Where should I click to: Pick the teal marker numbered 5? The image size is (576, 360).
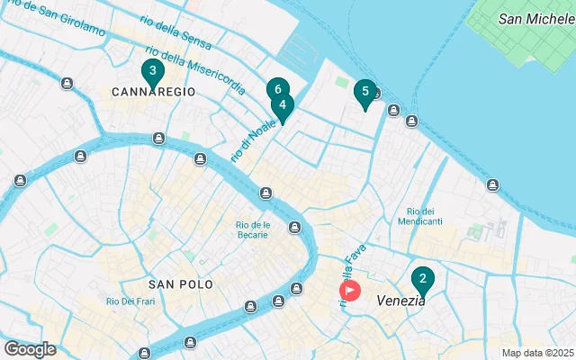[364, 92]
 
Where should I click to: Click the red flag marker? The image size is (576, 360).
[349, 290]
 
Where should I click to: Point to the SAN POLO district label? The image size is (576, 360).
[181, 283]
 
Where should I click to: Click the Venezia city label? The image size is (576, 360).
[401, 301]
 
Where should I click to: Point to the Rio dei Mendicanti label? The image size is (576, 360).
[425, 215]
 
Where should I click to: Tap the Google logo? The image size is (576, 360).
[30, 349]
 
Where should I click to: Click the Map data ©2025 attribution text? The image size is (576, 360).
[537, 353]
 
